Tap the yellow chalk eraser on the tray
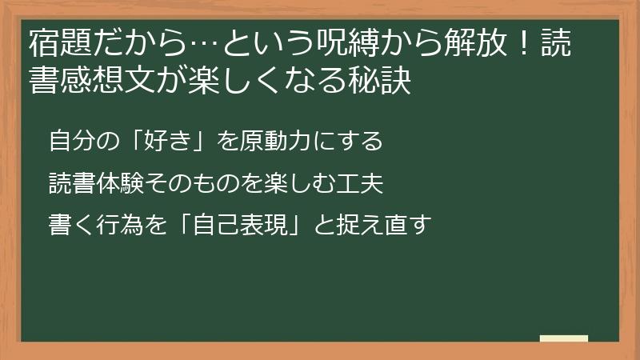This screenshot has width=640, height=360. click(563, 338)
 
